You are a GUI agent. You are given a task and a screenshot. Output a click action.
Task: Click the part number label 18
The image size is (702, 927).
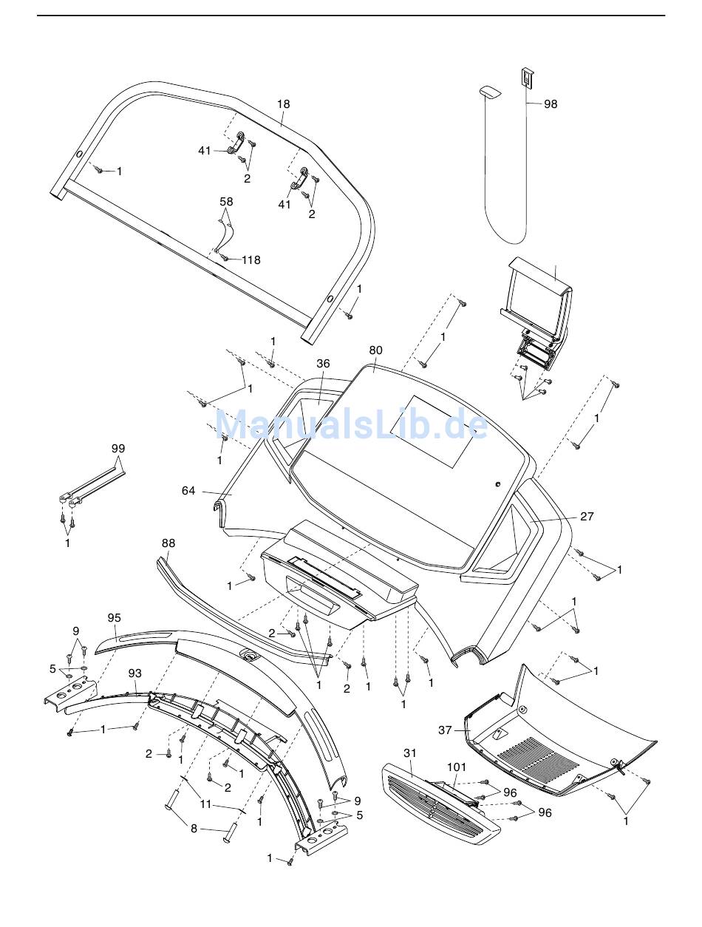click(x=284, y=104)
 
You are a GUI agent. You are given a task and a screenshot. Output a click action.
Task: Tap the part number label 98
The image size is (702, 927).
click(x=551, y=104)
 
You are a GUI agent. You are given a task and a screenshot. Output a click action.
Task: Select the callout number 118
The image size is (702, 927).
click(x=251, y=259)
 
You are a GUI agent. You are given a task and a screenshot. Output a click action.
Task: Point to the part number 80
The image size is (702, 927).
click(x=375, y=350)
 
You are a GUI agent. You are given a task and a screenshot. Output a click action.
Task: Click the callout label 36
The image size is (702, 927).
click(x=323, y=364)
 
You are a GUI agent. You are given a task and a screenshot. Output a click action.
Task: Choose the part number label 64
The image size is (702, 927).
click(x=189, y=490)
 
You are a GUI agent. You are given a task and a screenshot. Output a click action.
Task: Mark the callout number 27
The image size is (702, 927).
click(x=587, y=517)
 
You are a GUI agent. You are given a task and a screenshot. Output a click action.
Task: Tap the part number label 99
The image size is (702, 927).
click(x=118, y=449)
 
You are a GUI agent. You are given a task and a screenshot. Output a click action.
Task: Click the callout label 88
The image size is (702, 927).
click(x=168, y=543)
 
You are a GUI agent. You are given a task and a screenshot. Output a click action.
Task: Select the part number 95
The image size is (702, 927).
click(x=114, y=618)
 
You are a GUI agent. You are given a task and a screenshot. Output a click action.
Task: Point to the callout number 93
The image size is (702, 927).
click(x=134, y=673)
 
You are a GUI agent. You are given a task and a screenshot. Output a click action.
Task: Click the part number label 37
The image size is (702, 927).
click(x=445, y=730)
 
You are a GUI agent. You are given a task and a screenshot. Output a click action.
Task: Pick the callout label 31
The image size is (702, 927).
click(x=410, y=753)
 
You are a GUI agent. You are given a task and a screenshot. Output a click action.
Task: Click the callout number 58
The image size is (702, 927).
click(x=226, y=201)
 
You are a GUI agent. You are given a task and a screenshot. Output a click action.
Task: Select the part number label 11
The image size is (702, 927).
click(x=206, y=804)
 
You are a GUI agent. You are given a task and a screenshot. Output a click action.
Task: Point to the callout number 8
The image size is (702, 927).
click(x=194, y=829)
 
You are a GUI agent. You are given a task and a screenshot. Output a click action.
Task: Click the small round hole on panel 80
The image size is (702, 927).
click(x=498, y=483)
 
